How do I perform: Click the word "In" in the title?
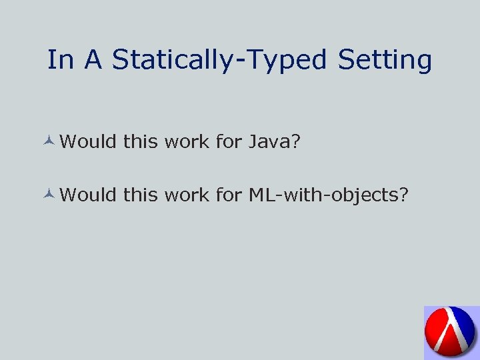61,60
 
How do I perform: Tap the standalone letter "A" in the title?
93,60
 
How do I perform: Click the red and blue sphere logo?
451,333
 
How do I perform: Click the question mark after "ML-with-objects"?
403,195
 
